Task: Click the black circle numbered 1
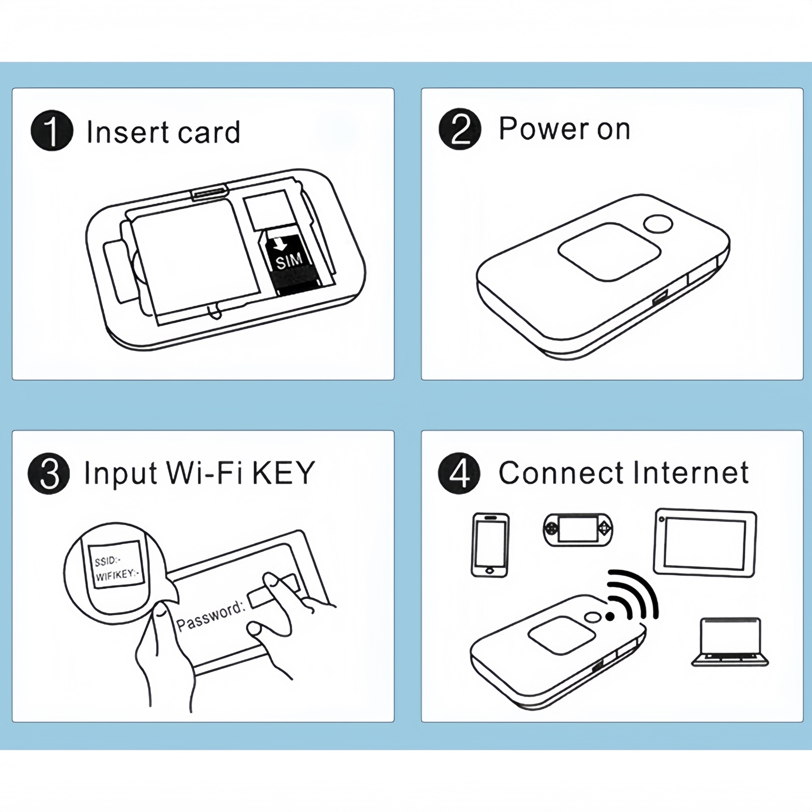tap(52, 130)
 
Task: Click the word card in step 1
tap(209, 132)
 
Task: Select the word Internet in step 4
tap(691, 473)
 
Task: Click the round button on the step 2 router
tap(659, 224)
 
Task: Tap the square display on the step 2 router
tap(609, 251)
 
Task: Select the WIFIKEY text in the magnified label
tap(116, 574)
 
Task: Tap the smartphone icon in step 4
tap(490, 544)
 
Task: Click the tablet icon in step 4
tap(705, 542)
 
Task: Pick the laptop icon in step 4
tap(730, 642)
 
